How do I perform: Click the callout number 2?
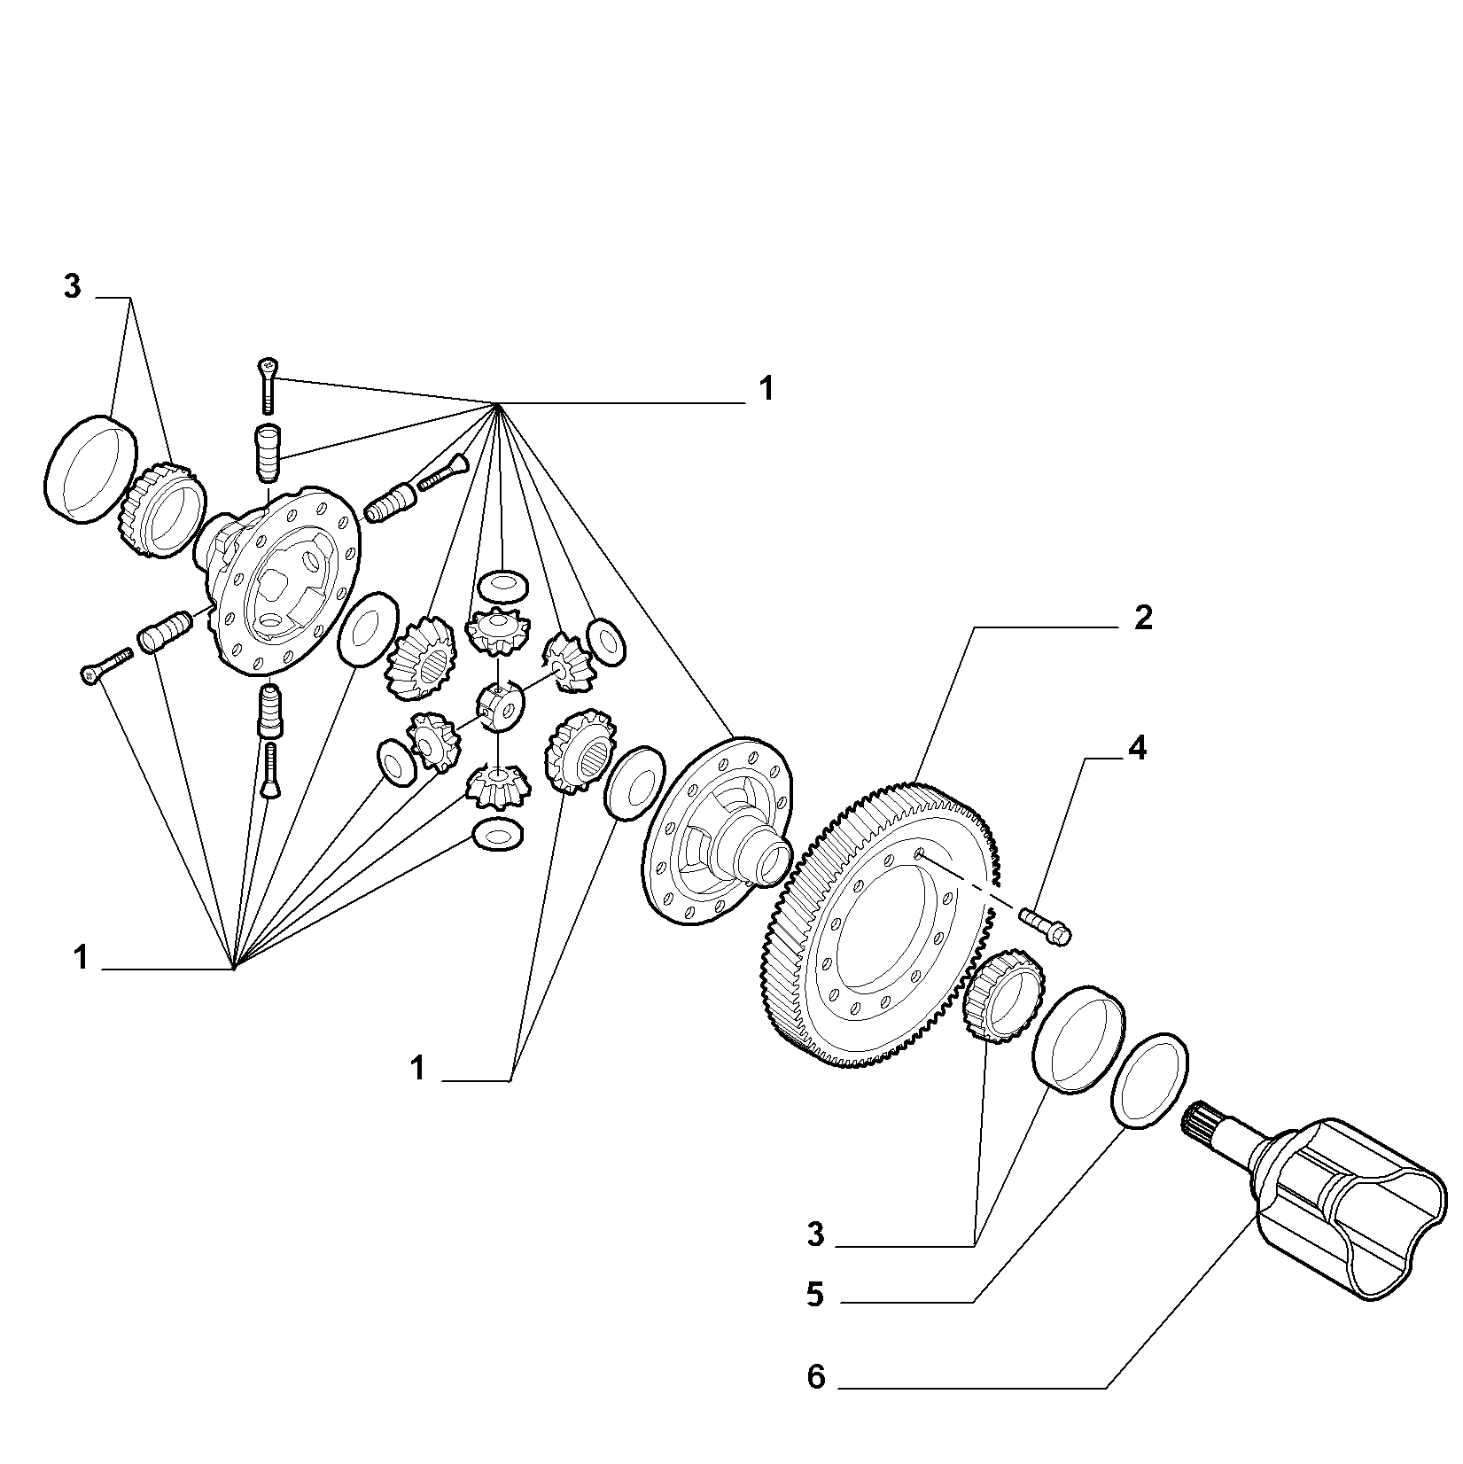tap(1143, 619)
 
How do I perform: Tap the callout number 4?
tap(1137, 749)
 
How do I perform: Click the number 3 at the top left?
tap(72, 286)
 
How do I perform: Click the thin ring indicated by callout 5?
tap(1149, 1080)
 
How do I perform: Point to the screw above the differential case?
tap(268, 385)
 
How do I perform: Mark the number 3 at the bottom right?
tap(816, 1234)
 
